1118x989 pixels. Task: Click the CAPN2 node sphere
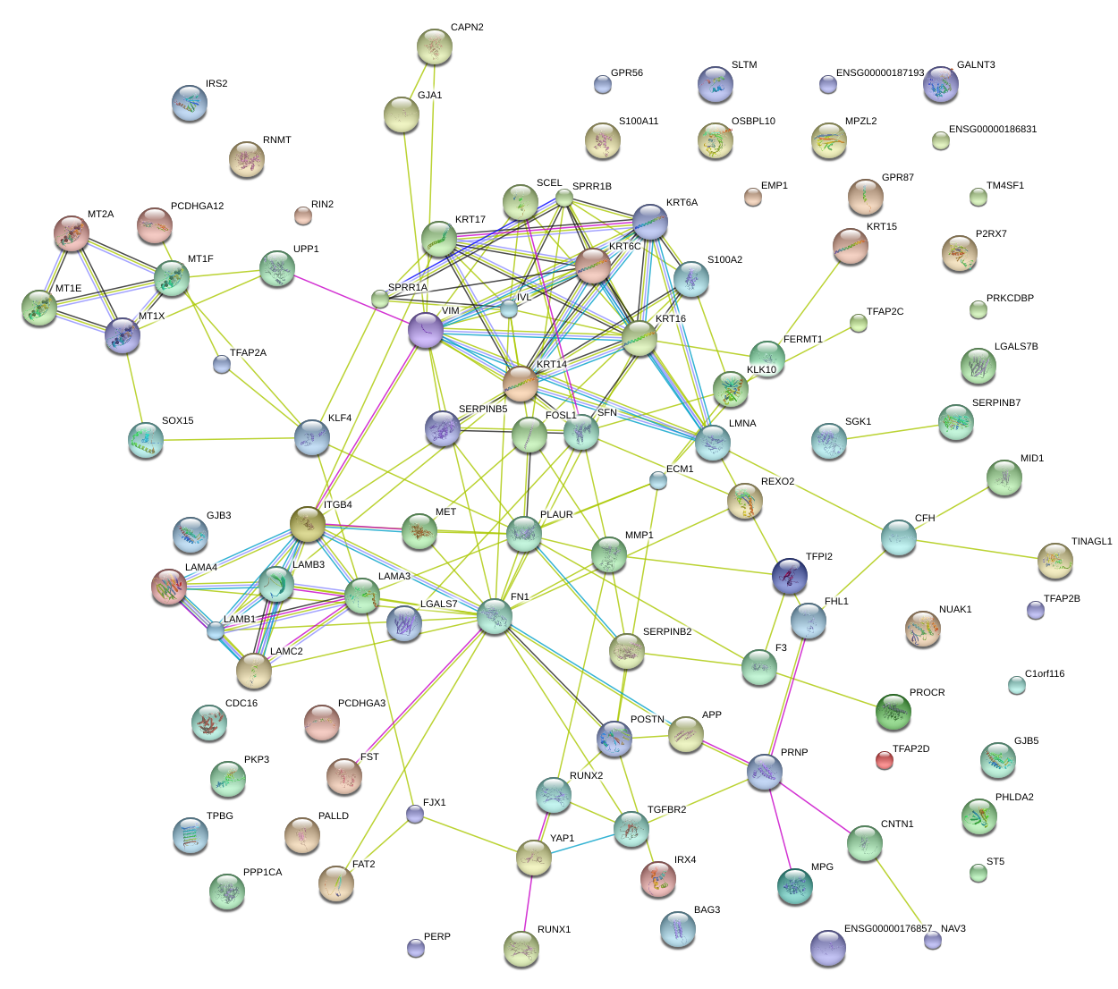[435, 46]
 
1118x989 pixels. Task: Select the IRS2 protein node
[189, 103]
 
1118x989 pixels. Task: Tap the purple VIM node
[426, 330]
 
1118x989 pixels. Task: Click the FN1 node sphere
[495, 616]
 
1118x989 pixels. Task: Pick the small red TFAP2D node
[884, 760]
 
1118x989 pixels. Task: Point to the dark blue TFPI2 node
[789, 576]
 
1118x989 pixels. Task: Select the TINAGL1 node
[1055, 560]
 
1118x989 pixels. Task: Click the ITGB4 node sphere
[308, 523]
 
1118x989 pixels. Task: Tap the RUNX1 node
[521, 949]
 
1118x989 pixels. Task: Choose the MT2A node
[72, 232]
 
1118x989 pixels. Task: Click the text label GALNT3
[976, 65]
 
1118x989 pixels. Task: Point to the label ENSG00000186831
[993, 130]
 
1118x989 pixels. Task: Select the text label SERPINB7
[996, 403]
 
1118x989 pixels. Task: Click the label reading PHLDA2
[1014, 798]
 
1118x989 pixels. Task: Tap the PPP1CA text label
[262, 873]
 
